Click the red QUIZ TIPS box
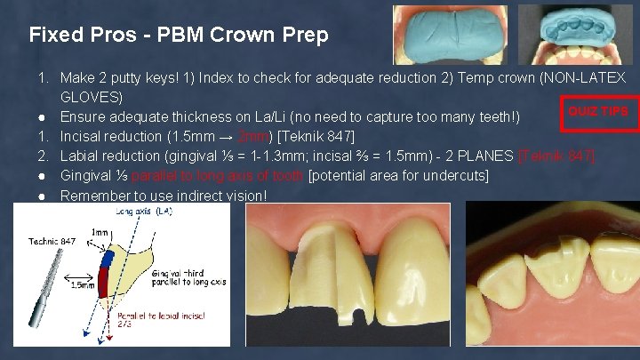pos(597,111)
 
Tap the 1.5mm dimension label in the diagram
pos(83,285)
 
